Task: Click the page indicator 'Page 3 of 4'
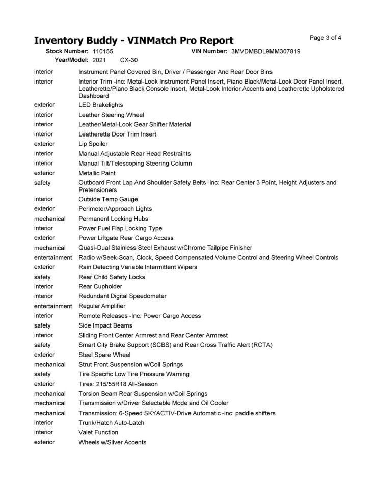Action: click(x=325, y=38)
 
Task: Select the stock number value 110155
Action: click(x=103, y=52)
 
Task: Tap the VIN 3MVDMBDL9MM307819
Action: click(x=265, y=52)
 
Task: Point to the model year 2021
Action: click(x=99, y=60)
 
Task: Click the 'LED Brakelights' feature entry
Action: click(x=100, y=105)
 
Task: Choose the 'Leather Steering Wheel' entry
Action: click(x=111, y=115)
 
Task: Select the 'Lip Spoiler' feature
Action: click(x=93, y=144)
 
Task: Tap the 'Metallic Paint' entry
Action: click(x=97, y=173)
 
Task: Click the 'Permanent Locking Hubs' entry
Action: click(x=113, y=219)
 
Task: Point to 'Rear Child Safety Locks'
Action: click(x=112, y=277)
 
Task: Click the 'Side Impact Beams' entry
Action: click(x=105, y=325)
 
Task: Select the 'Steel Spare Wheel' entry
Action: click(x=104, y=355)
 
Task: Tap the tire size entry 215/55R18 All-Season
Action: click(x=118, y=384)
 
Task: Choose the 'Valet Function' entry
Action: click(x=98, y=432)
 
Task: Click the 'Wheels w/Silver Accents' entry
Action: click(x=112, y=442)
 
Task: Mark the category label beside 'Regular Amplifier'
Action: click(x=53, y=306)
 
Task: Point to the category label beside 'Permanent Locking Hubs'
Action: click(x=50, y=219)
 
